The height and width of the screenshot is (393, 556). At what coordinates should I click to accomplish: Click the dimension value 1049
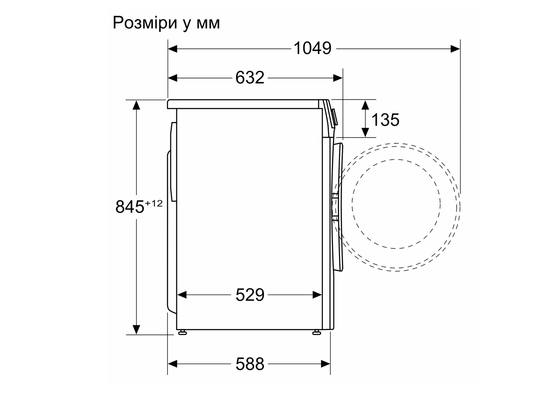312,48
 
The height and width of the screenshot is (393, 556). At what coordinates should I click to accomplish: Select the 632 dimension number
250,78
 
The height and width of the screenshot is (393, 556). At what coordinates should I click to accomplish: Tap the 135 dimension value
385,120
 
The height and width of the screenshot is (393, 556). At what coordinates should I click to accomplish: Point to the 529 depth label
250,295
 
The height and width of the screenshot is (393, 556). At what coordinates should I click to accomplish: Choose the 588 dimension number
250,364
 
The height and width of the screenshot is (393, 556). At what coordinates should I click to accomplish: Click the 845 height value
130,207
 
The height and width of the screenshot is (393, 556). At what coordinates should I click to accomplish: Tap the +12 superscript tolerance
154,203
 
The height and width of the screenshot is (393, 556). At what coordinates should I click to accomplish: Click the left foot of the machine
183,332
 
